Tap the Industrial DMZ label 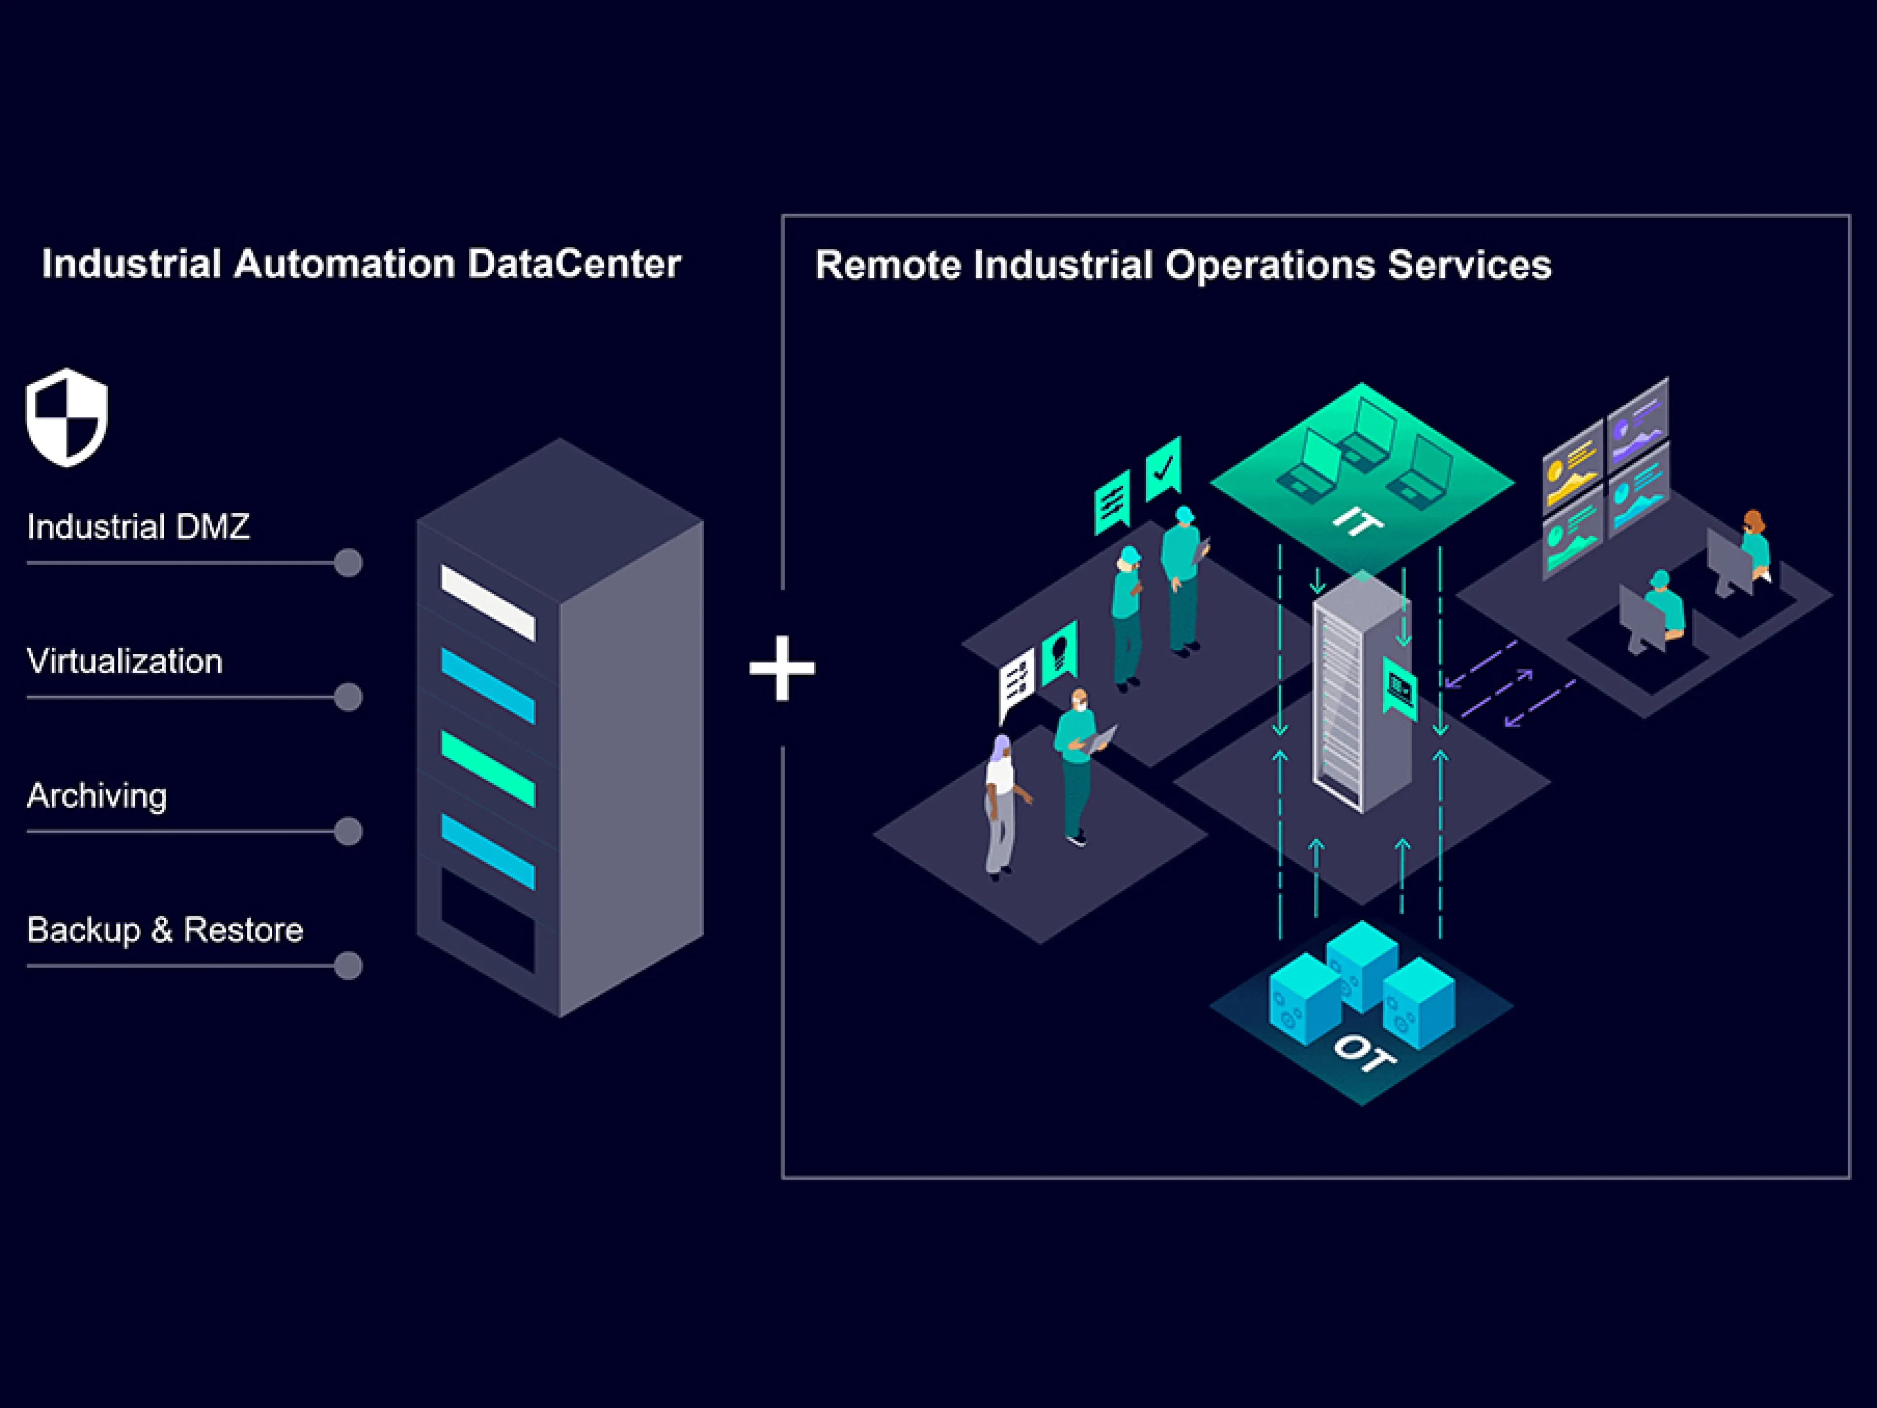point(138,527)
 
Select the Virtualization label point(125,661)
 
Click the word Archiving point(97,796)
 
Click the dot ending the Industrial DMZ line point(348,563)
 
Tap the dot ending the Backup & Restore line point(348,966)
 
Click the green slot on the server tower point(488,768)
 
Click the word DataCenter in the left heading point(574,264)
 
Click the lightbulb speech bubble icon point(1059,652)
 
